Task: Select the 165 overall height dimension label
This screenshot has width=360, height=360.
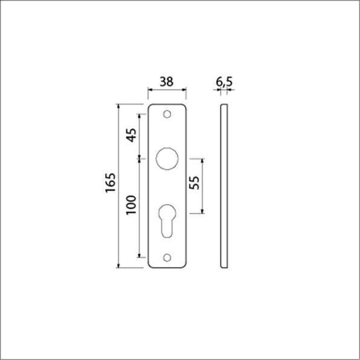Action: pyautogui.click(x=110, y=184)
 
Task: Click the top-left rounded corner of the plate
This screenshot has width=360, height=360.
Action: pyautogui.click(x=151, y=106)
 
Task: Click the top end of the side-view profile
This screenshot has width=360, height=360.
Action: pyautogui.click(x=224, y=105)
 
